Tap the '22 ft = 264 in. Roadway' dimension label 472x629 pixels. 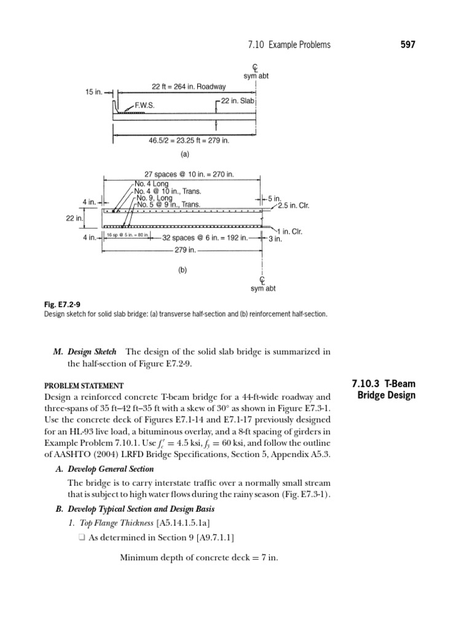[189, 87]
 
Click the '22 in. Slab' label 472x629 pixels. [237, 101]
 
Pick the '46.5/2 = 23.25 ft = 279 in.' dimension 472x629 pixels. [189, 141]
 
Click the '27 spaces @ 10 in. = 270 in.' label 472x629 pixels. [189, 174]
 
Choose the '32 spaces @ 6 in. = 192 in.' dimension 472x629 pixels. [205, 238]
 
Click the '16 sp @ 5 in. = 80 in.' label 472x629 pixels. [127, 235]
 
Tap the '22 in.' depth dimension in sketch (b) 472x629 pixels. [74, 218]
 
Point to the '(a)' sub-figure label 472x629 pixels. [183, 155]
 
